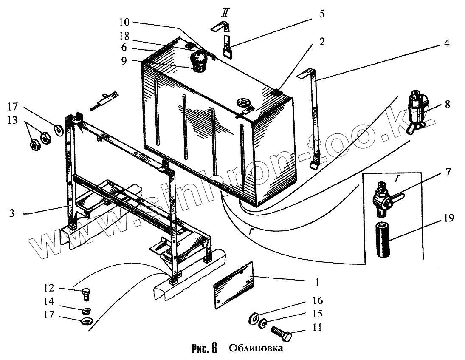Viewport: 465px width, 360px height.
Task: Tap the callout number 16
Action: coord(317,301)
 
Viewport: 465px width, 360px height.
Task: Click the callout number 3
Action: coord(13,213)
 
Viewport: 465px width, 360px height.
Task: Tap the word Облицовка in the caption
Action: coord(255,349)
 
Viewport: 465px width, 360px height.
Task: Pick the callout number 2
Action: coord(321,41)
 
